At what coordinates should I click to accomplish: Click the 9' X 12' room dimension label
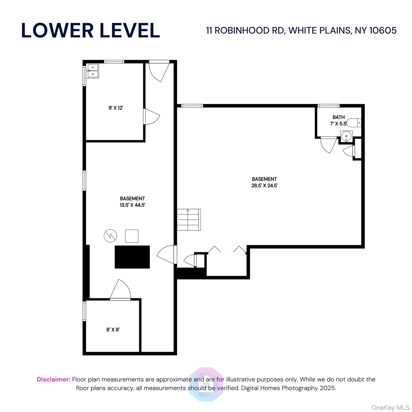pos(116,108)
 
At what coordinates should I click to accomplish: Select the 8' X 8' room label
pos(113,330)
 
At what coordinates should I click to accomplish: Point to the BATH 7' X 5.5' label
pos(339,120)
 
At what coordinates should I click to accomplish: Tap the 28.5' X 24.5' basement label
pos(264,182)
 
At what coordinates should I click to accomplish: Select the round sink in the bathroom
pos(347,135)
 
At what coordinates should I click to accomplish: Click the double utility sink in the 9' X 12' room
pos(93,71)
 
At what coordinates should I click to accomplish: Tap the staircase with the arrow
pos(189,220)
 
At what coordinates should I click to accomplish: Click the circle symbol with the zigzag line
pos(111,236)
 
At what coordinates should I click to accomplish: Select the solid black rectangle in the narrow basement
pos(132,257)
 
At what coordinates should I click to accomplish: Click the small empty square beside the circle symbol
pos(132,236)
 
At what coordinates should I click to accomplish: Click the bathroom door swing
pos(329,145)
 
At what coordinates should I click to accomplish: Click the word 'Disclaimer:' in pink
pos(54,379)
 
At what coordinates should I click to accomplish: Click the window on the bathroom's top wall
pos(329,106)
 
